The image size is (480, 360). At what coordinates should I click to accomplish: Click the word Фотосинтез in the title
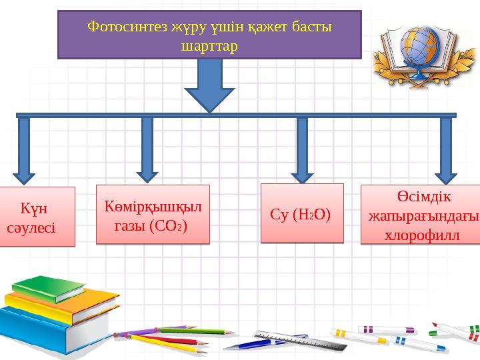pyautogui.click(x=120, y=27)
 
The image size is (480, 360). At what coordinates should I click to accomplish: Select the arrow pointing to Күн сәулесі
pyautogui.click(x=25, y=150)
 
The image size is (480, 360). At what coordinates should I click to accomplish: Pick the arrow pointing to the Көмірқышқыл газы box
pyautogui.click(x=147, y=149)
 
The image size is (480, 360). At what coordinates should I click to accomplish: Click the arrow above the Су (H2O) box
pyautogui.click(x=302, y=149)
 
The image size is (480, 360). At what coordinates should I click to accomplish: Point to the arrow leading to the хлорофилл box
pyautogui.click(x=446, y=149)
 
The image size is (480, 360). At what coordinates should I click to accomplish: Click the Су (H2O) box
pyautogui.click(x=301, y=213)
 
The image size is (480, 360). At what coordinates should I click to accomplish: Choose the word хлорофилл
pyautogui.click(x=422, y=234)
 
